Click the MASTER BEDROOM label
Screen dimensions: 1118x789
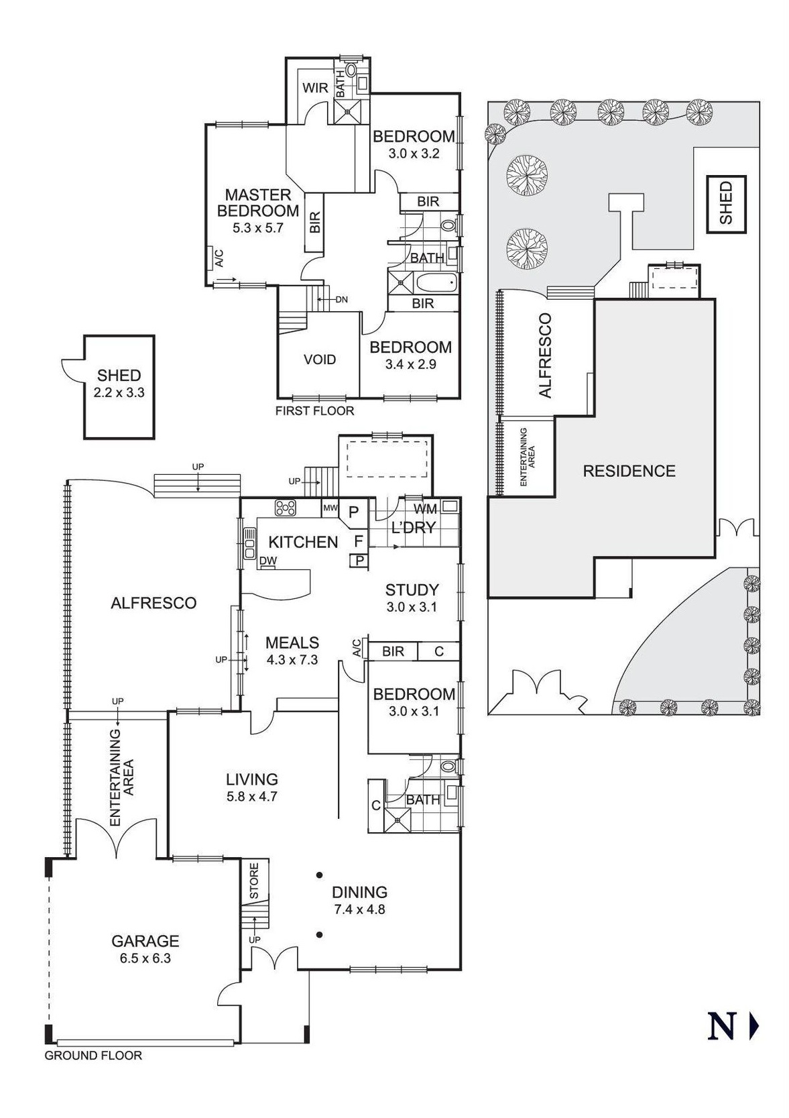[257, 203]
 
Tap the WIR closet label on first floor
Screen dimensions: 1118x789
[314, 88]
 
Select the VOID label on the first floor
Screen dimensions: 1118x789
[320, 359]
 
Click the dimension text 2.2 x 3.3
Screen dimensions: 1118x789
[119, 392]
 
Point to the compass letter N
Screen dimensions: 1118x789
[721, 1026]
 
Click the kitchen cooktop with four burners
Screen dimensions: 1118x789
[286, 508]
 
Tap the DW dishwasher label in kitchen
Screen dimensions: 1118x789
[267, 561]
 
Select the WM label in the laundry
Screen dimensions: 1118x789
[425, 509]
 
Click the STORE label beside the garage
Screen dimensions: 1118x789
[254, 881]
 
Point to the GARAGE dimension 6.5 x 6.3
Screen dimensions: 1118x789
[145, 958]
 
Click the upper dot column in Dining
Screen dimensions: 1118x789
[320, 875]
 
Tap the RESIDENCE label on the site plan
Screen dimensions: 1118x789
[629, 471]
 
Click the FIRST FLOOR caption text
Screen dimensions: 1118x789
[314, 410]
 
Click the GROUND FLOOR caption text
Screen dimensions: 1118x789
[93, 1056]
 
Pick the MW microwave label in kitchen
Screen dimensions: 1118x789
[330, 508]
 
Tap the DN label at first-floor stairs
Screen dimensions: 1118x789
[341, 300]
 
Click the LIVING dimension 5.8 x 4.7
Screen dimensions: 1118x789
[251, 797]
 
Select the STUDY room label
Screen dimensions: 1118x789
[412, 590]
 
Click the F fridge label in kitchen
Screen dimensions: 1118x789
[358, 541]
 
